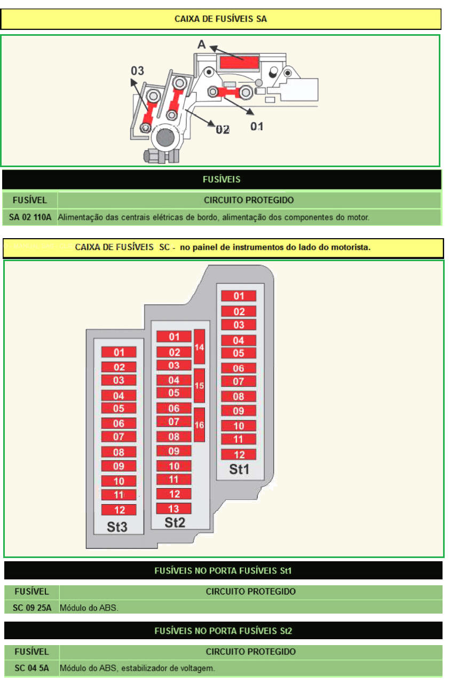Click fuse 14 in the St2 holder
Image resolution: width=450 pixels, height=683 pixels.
pos(199,347)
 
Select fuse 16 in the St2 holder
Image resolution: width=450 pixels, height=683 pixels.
pos(199,425)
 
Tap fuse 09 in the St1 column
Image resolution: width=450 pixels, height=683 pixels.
pos(239,411)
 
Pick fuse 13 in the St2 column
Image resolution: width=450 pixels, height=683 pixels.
pos(173,508)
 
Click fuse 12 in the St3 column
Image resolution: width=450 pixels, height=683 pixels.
pos(119,509)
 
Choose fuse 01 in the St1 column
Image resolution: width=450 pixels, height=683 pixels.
pos(239,296)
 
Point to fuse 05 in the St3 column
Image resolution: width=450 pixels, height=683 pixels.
pos(119,409)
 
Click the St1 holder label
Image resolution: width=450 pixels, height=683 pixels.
pos(239,469)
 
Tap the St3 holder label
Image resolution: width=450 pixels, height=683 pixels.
pos(117,527)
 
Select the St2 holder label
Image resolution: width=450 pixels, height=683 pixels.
pos(175,522)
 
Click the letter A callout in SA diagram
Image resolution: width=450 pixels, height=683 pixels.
pos(201,45)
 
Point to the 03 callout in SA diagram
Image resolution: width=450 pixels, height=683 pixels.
pos(138,70)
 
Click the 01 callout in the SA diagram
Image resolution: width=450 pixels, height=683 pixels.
pos(257,126)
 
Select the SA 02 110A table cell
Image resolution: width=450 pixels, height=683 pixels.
pos(30,217)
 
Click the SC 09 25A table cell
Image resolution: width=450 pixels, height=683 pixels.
pos(32,608)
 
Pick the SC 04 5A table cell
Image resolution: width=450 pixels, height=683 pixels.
pos(32,668)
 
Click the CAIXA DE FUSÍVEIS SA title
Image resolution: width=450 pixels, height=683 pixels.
pos(220,19)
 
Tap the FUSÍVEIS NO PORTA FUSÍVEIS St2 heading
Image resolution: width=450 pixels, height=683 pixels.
pos(223,631)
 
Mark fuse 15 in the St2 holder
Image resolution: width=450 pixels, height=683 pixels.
pos(199,385)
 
